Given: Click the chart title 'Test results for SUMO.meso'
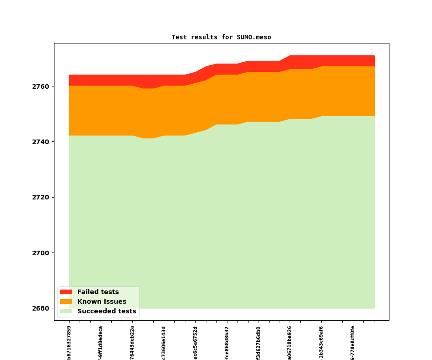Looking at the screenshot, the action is tap(221, 37).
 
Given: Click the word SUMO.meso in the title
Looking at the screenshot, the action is tap(254, 37).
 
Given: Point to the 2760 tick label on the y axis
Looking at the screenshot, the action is tap(40, 86).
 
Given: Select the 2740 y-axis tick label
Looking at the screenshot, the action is tap(40, 142).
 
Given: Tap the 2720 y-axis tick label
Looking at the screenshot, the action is tap(40, 198).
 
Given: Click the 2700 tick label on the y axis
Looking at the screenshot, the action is tap(40, 253).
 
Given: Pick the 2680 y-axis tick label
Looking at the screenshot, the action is tap(40, 308).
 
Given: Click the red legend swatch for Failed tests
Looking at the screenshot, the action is tap(66, 292).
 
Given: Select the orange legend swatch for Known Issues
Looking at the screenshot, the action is tap(66, 301).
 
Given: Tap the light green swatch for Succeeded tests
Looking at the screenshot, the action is tap(66, 311).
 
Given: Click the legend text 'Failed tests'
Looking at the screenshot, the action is tap(98, 292).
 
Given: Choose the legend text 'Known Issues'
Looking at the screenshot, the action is tap(102, 301).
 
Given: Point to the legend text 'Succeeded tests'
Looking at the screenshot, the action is tap(107, 311).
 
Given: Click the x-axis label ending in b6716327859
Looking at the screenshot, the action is tap(69, 343).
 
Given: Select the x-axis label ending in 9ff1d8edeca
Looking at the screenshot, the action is tap(101, 343).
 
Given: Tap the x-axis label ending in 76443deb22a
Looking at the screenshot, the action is tap(132, 343).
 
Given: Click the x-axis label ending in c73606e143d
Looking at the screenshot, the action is tap(164, 343).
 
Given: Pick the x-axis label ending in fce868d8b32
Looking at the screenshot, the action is tap(227, 343).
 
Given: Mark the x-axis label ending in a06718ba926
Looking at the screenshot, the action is tap(290, 343).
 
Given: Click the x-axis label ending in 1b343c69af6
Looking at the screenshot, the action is tap(321, 343).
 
